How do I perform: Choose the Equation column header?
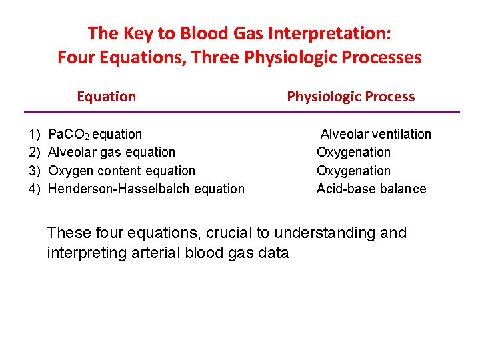(x=106, y=97)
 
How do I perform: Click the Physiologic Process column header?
(x=351, y=97)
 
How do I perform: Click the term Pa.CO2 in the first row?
(x=69, y=135)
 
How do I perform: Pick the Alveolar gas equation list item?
(x=111, y=153)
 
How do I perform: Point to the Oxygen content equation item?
(x=122, y=171)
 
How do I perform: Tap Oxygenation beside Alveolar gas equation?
(x=353, y=153)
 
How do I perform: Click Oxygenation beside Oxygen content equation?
(x=353, y=171)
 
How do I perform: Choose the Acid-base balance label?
(x=371, y=189)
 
